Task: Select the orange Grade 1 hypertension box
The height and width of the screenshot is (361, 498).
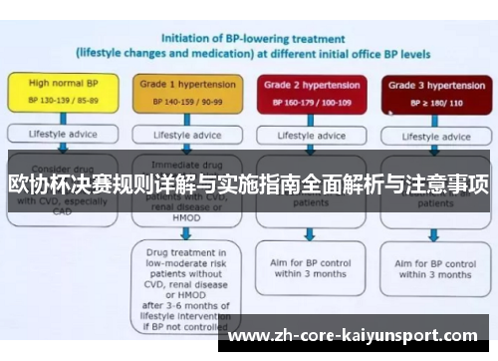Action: click(180, 93)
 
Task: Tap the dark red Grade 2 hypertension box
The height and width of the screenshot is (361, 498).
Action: click(309, 93)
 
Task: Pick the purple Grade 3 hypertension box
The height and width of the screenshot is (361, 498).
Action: click(430, 93)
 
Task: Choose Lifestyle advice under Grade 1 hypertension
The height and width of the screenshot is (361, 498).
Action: click(180, 134)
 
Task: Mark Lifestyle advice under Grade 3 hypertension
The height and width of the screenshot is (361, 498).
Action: click(431, 134)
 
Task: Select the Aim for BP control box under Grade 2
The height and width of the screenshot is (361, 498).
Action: click(309, 267)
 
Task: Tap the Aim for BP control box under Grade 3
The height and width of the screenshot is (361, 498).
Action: click(432, 268)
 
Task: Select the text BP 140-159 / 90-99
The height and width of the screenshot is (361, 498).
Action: click(181, 102)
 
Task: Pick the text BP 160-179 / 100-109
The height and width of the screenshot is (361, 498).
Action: click(310, 102)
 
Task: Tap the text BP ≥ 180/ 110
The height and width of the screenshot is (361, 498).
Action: click(430, 102)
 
